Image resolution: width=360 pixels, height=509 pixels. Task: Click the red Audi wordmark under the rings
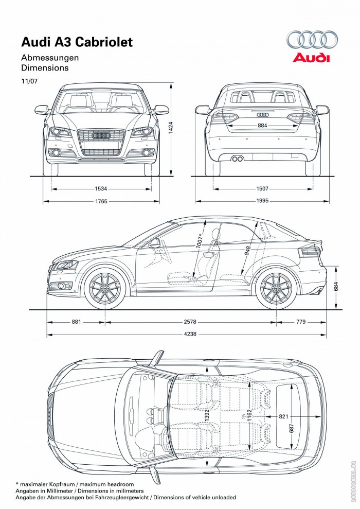tap(311, 58)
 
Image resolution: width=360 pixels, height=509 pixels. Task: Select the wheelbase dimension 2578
tap(189, 322)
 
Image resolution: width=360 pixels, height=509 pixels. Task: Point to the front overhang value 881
tap(76, 322)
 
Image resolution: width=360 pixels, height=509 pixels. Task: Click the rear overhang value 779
tap(301, 322)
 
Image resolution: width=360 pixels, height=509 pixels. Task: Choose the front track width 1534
tap(101, 189)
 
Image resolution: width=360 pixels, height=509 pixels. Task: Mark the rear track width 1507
tap(262, 189)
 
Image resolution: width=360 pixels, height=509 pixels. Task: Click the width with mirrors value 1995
tap(262, 201)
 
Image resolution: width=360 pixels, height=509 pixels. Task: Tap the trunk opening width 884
tap(262, 125)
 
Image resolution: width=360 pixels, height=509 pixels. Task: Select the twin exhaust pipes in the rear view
tap(237, 159)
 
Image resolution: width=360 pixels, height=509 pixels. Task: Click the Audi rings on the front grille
tap(101, 135)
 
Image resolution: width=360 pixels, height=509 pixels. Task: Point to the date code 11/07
tap(29, 81)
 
